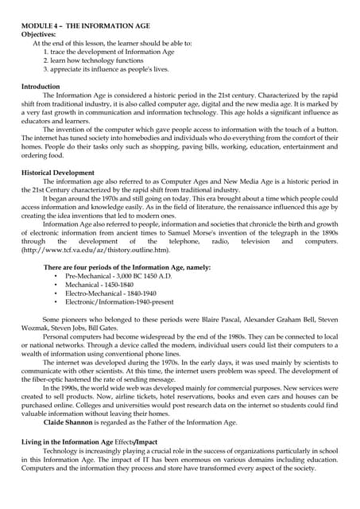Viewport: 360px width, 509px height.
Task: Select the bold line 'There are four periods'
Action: click(x=127, y=268)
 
